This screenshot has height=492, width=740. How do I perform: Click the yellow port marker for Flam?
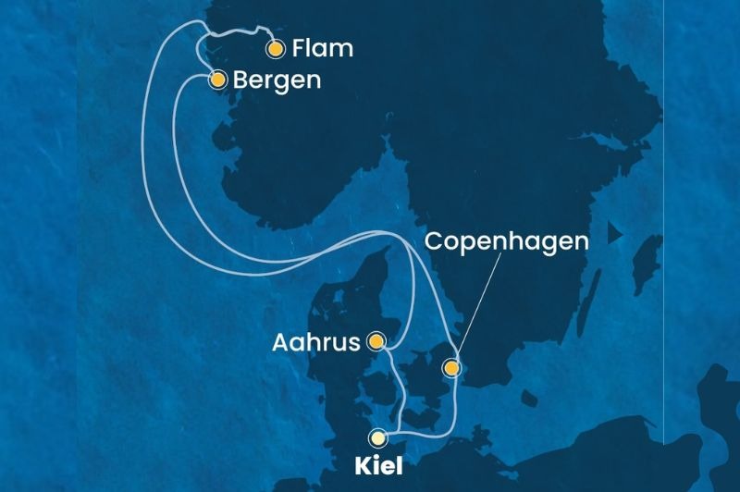[275, 49]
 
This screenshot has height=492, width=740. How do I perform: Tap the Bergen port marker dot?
[217, 80]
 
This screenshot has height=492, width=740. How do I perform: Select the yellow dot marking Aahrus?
[376, 341]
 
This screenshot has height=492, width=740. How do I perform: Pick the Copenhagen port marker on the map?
[450, 368]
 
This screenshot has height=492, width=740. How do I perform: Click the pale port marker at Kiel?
[377, 437]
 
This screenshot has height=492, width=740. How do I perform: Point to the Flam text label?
[322, 49]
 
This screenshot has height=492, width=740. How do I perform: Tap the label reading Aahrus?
[316, 342]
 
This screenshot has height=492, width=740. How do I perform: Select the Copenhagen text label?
[506, 242]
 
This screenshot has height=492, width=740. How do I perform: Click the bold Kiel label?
[379, 467]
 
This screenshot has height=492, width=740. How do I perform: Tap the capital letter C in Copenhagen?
[433, 242]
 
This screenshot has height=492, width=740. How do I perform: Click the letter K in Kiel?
[364, 467]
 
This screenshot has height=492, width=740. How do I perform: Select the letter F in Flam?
[298, 49]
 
